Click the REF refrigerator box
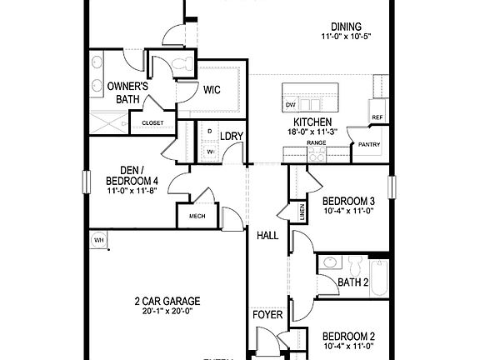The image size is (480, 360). pos(377,117)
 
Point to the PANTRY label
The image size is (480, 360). pos(368,144)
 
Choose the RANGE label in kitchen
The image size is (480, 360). pos(317,143)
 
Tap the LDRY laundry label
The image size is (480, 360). pos(231,136)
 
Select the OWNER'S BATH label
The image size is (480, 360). pos(127,92)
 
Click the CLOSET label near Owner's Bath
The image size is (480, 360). pos(152,122)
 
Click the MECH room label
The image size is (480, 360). pos(197,216)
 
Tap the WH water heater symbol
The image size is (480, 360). pos(98,240)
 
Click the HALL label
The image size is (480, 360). pos(267,236)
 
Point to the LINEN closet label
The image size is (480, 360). pos(297,212)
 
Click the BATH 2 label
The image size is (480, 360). pos(353,282)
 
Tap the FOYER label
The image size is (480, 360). pos(267,316)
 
